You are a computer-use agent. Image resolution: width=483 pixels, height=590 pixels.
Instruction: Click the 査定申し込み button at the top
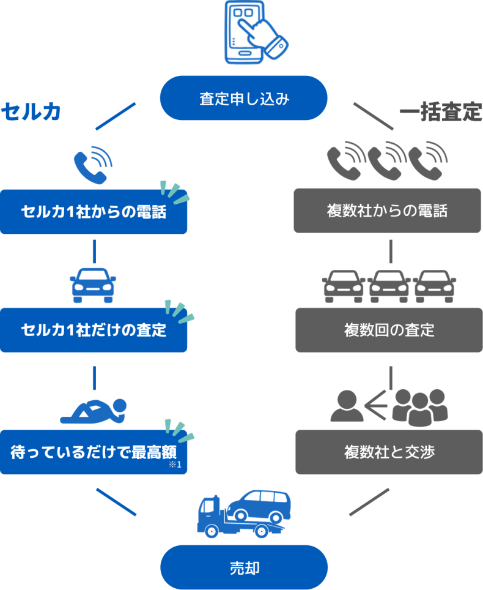[x=243, y=98]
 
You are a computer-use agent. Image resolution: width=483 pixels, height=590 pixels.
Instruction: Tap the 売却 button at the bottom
[x=243, y=567]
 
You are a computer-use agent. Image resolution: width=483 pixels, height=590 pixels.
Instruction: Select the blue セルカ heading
[x=31, y=111]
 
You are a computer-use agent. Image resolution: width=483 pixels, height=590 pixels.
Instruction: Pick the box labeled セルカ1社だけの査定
[x=94, y=330]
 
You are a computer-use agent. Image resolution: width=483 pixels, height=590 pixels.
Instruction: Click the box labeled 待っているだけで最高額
[x=94, y=453]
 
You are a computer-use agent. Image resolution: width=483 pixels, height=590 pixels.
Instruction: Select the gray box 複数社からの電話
[x=388, y=211]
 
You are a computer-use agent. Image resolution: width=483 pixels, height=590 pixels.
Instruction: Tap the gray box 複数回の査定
[x=389, y=330]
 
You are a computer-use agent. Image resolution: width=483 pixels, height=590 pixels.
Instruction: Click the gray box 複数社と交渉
[x=389, y=452]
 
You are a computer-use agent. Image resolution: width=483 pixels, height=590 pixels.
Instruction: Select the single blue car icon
[x=93, y=285]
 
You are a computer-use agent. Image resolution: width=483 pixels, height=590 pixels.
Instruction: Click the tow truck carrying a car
[x=243, y=513]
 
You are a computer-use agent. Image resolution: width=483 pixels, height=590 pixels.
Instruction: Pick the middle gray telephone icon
[x=387, y=160]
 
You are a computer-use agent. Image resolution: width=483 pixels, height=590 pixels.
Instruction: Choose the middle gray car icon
[x=389, y=285]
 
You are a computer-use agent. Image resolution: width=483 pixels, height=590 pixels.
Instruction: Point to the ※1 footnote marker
[x=176, y=466]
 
